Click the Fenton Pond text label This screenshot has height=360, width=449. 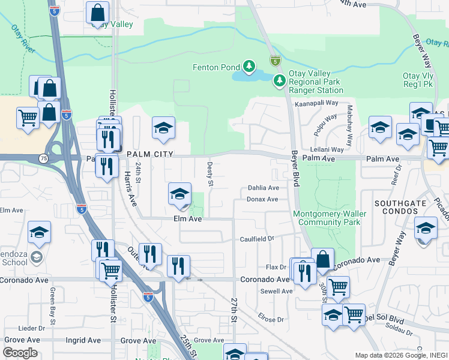(x=216, y=67)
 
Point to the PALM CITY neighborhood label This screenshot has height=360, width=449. (x=150, y=154)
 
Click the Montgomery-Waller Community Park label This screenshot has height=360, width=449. (x=327, y=218)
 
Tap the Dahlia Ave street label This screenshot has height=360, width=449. (x=264, y=188)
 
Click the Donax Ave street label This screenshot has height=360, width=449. (x=262, y=199)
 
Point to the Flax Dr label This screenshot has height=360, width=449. (x=276, y=267)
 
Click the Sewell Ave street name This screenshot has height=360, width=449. (x=276, y=291)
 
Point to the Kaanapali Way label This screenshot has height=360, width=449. (x=321, y=104)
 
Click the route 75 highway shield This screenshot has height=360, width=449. (x=44, y=158)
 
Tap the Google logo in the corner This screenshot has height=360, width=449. (x=20, y=353)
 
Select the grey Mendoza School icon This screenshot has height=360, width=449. (x=36, y=257)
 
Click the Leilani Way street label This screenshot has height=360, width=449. (x=327, y=149)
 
